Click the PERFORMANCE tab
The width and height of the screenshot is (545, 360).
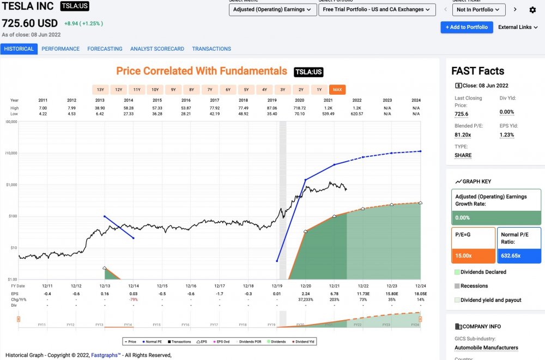click(x=60, y=48)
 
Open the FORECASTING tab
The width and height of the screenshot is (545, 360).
click(x=105, y=48)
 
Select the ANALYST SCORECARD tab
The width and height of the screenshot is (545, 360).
click(x=157, y=48)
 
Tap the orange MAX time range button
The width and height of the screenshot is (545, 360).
click(x=337, y=89)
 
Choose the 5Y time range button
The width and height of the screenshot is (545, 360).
click(x=246, y=89)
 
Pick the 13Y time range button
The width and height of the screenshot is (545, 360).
click(x=100, y=89)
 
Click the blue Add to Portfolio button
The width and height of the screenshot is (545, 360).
click(x=467, y=27)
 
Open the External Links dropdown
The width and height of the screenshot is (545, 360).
click(x=518, y=27)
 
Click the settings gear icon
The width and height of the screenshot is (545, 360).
click(x=532, y=10)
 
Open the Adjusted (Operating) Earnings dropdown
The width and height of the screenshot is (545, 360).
click(x=272, y=10)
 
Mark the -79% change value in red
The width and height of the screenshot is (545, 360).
click(x=133, y=299)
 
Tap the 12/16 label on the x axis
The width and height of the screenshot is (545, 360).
click(x=191, y=285)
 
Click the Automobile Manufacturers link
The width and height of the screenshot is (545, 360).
click(x=486, y=347)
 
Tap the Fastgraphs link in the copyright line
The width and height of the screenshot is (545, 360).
click(x=105, y=355)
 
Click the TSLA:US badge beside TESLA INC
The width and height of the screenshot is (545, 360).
click(x=75, y=7)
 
